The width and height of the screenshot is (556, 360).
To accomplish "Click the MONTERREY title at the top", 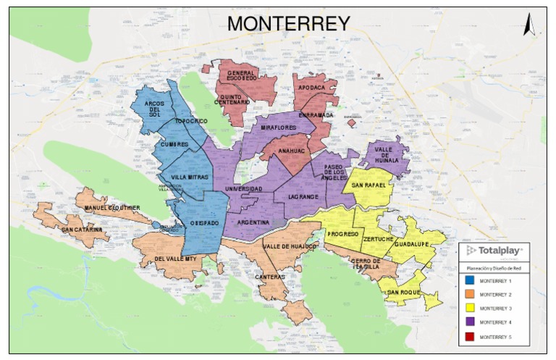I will click(x=288, y=23).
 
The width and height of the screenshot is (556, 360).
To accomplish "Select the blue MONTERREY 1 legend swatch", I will click(x=469, y=280).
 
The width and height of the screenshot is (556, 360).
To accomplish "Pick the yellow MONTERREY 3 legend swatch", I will click(x=469, y=308).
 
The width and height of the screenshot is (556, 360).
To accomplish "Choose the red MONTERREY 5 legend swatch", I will click(x=469, y=336).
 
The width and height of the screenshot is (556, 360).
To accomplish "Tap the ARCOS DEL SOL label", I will click(x=153, y=109).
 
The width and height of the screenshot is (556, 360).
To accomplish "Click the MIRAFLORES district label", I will click(x=279, y=127).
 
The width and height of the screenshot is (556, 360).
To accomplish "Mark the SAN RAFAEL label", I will click(x=368, y=185).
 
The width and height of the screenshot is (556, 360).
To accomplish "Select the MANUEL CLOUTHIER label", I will click(x=111, y=208).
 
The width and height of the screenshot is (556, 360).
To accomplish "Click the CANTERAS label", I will click(x=269, y=276).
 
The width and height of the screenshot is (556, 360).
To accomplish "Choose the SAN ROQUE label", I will click(x=403, y=293).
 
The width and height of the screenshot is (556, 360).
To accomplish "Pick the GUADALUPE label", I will click(x=413, y=244).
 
